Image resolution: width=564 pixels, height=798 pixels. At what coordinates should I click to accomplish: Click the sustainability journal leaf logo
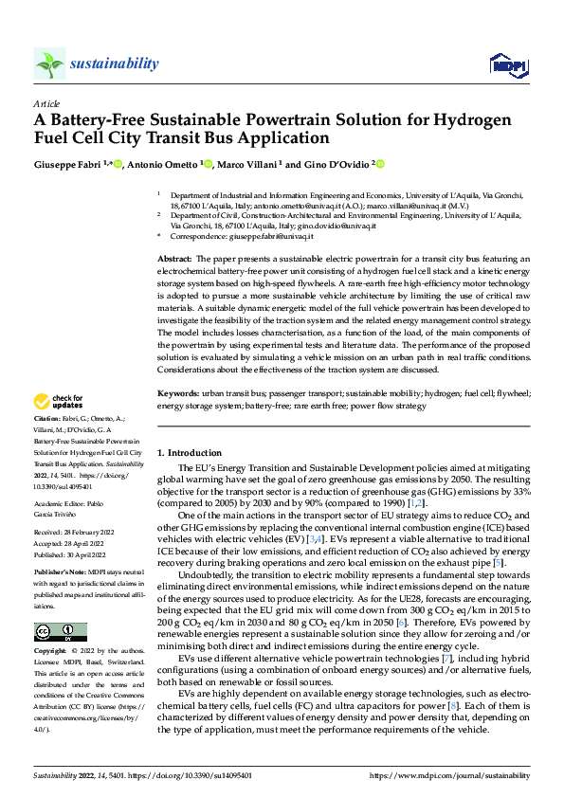[49, 64]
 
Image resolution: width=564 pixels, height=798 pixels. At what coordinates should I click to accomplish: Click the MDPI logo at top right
[507, 64]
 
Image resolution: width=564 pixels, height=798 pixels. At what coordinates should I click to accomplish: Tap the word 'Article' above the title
[46, 102]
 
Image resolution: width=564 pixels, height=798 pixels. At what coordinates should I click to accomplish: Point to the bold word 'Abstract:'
[174, 259]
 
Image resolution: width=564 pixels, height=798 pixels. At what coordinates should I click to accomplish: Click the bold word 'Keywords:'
[177, 391]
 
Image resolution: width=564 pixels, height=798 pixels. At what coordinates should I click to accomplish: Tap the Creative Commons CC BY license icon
[60, 631]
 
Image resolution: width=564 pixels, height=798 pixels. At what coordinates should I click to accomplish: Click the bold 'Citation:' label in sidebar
[46, 418]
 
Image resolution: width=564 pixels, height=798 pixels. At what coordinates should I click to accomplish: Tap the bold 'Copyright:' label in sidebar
[50, 652]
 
